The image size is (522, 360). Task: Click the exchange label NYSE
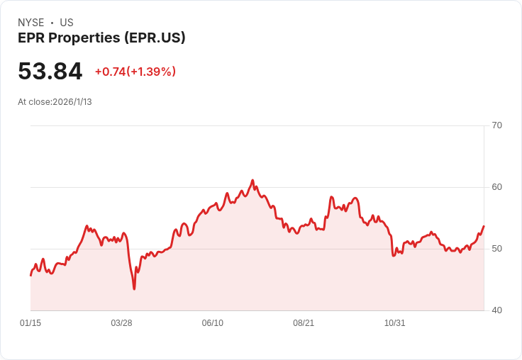(x=31, y=23)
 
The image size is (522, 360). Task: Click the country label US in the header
(x=67, y=23)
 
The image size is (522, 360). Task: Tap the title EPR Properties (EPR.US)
(x=101, y=38)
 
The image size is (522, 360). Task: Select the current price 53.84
(x=50, y=71)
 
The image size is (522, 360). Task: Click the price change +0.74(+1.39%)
(x=135, y=72)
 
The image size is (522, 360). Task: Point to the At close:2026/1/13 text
(x=55, y=102)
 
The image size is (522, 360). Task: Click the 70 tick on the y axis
(x=496, y=125)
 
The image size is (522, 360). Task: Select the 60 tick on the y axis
(x=496, y=187)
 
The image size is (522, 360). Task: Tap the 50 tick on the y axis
(x=496, y=249)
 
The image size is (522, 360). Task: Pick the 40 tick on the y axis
(x=496, y=310)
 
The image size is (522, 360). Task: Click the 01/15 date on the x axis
(x=30, y=323)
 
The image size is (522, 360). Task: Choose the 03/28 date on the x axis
(x=121, y=323)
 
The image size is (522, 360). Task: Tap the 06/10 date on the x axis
(x=212, y=323)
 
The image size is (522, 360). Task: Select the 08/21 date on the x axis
(x=304, y=323)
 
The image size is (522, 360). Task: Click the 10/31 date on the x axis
(x=394, y=323)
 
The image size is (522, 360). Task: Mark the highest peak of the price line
(x=252, y=180)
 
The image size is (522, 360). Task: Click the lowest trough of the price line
(x=134, y=288)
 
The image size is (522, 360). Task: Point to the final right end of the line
(x=484, y=226)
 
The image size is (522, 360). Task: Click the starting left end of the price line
(x=30, y=275)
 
